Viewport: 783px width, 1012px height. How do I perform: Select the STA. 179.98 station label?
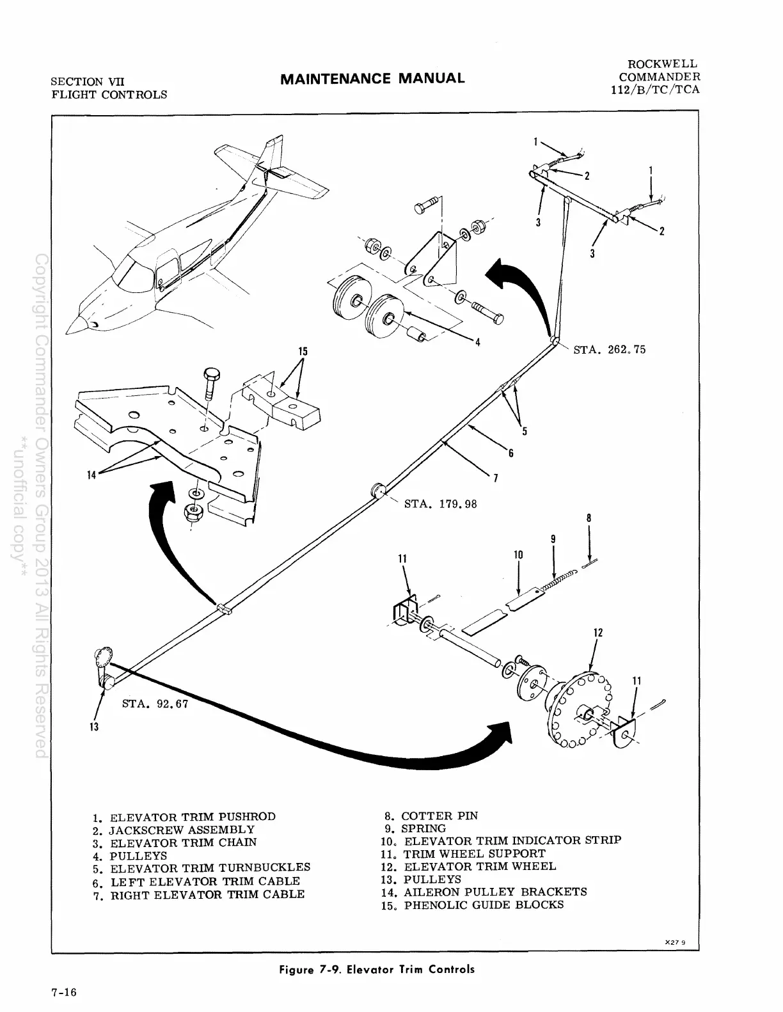pyautogui.click(x=441, y=503)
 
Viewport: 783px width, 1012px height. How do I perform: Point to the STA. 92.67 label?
pyautogui.click(x=152, y=704)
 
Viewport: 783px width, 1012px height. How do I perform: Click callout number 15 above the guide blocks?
pyautogui.click(x=303, y=351)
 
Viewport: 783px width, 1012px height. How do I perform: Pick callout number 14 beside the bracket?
pyautogui.click(x=92, y=475)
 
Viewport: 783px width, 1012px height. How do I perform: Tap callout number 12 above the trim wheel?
pyautogui.click(x=598, y=633)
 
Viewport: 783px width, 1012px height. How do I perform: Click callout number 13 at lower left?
pyautogui.click(x=93, y=727)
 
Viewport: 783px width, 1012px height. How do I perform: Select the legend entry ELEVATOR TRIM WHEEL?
pyautogui.click(x=479, y=867)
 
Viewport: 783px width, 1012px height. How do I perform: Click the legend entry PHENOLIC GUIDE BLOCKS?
pyautogui.click(x=484, y=905)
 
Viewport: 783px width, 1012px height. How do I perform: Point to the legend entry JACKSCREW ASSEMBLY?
pyautogui.click(x=182, y=830)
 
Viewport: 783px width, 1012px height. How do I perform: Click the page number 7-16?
pyautogui.click(x=64, y=993)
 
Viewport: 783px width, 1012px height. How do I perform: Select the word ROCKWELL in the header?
pyautogui.click(x=663, y=64)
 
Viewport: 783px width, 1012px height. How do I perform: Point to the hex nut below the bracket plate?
pyautogui.click(x=191, y=512)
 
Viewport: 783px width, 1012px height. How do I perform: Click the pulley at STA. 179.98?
pyautogui.click(x=378, y=491)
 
